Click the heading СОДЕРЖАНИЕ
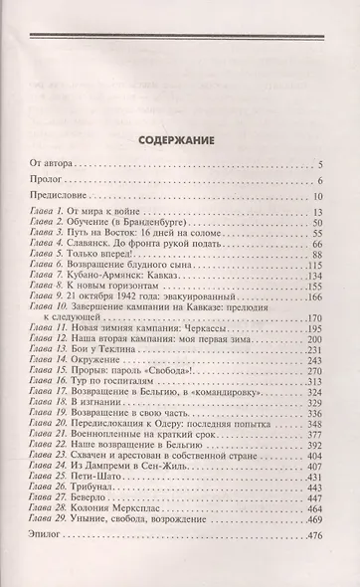point(178,112)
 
